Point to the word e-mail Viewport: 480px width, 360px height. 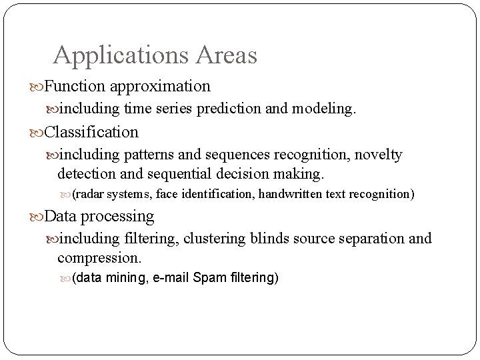[x=171, y=277]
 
